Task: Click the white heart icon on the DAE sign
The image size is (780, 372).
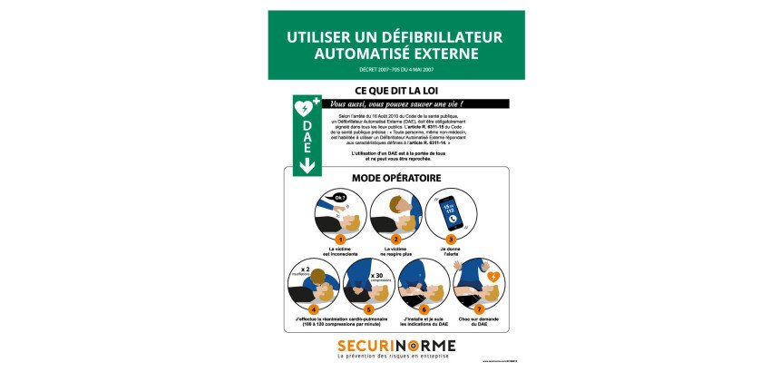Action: click(x=304, y=107)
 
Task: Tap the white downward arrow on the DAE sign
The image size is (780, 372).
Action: click(x=307, y=165)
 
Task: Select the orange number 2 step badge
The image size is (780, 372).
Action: click(x=397, y=238)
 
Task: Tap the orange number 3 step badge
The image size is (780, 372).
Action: click(x=450, y=238)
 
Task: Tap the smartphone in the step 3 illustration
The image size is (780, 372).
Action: click(x=451, y=212)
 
